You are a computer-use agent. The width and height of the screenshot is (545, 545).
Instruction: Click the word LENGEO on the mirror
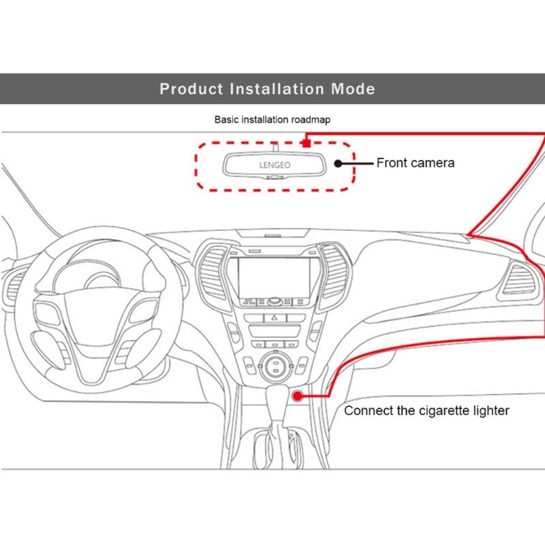click(272, 164)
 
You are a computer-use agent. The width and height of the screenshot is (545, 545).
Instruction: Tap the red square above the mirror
click(307, 143)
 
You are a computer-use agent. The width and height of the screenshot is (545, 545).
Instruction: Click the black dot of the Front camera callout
click(339, 163)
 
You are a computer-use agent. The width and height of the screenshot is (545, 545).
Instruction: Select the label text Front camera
click(416, 163)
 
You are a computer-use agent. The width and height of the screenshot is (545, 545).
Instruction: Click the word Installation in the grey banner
click(274, 89)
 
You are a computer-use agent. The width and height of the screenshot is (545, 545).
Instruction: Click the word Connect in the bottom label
click(368, 411)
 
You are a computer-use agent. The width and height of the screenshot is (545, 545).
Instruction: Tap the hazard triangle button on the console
click(275, 318)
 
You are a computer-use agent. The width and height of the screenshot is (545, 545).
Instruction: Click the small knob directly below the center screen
click(275, 300)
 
